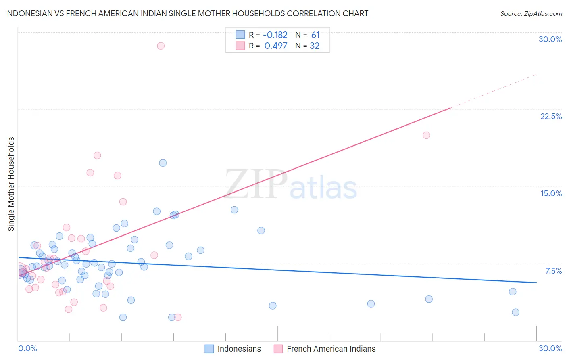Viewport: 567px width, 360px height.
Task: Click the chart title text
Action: click(x=186, y=13)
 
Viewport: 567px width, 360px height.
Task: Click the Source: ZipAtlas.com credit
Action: click(x=531, y=13)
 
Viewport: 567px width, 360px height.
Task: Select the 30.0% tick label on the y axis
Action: click(x=550, y=39)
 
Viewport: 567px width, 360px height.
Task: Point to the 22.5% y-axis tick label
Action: click(x=551, y=116)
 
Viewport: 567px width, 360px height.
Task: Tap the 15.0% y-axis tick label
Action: click(x=551, y=193)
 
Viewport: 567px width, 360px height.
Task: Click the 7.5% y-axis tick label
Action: click(x=553, y=271)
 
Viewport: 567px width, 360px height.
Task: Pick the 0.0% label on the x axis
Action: click(x=27, y=348)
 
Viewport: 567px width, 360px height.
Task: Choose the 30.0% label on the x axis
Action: click(x=550, y=348)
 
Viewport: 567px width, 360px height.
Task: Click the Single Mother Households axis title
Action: click(x=11, y=184)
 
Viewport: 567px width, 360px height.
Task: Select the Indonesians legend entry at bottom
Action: click(x=239, y=349)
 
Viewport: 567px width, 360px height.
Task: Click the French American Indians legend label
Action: click(x=331, y=349)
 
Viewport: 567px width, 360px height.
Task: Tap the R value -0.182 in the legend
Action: click(x=275, y=35)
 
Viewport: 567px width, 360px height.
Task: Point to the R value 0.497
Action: click(x=276, y=46)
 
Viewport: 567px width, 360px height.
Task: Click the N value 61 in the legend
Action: click(x=315, y=35)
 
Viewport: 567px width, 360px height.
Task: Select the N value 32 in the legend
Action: click(x=315, y=46)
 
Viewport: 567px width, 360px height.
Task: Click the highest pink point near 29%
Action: click(x=161, y=46)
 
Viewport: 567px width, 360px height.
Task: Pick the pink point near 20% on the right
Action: click(x=426, y=135)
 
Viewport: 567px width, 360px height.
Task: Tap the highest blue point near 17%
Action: click(x=163, y=163)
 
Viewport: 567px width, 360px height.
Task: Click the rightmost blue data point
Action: click(x=515, y=312)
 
